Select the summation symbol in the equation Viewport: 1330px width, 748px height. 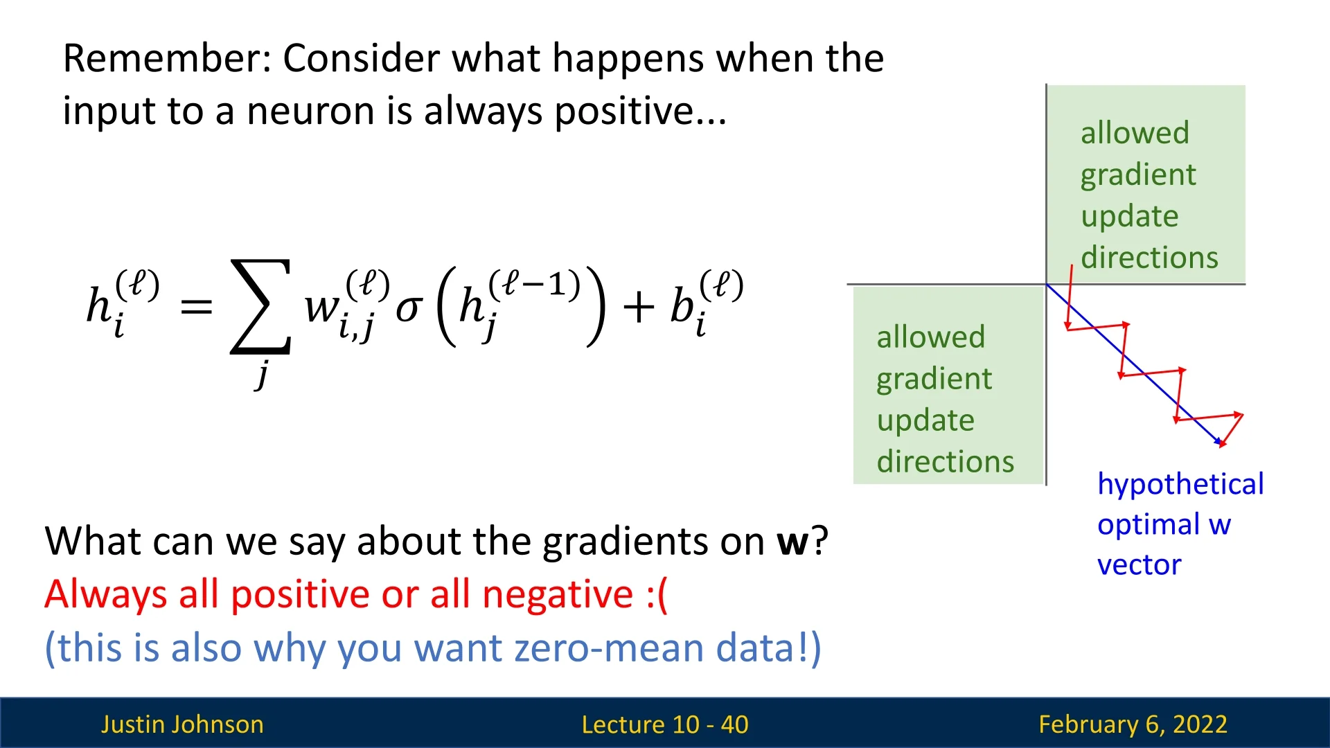click(260, 306)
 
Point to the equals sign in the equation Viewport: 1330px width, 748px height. click(196, 307)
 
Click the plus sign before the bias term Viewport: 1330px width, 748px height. click(639, 307)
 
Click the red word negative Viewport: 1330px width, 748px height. click(558, 594)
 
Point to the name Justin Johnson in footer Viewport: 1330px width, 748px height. click(182, 724)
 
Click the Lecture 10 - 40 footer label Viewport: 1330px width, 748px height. click(665, 724)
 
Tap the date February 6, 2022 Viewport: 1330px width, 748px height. click(1133, 724)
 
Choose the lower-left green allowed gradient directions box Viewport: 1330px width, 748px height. click(948, 385)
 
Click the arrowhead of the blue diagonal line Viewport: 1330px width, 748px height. click(1220, 441)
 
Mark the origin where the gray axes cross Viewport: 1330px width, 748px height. click(1046, 284)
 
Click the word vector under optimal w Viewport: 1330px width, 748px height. click(1139, 565)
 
